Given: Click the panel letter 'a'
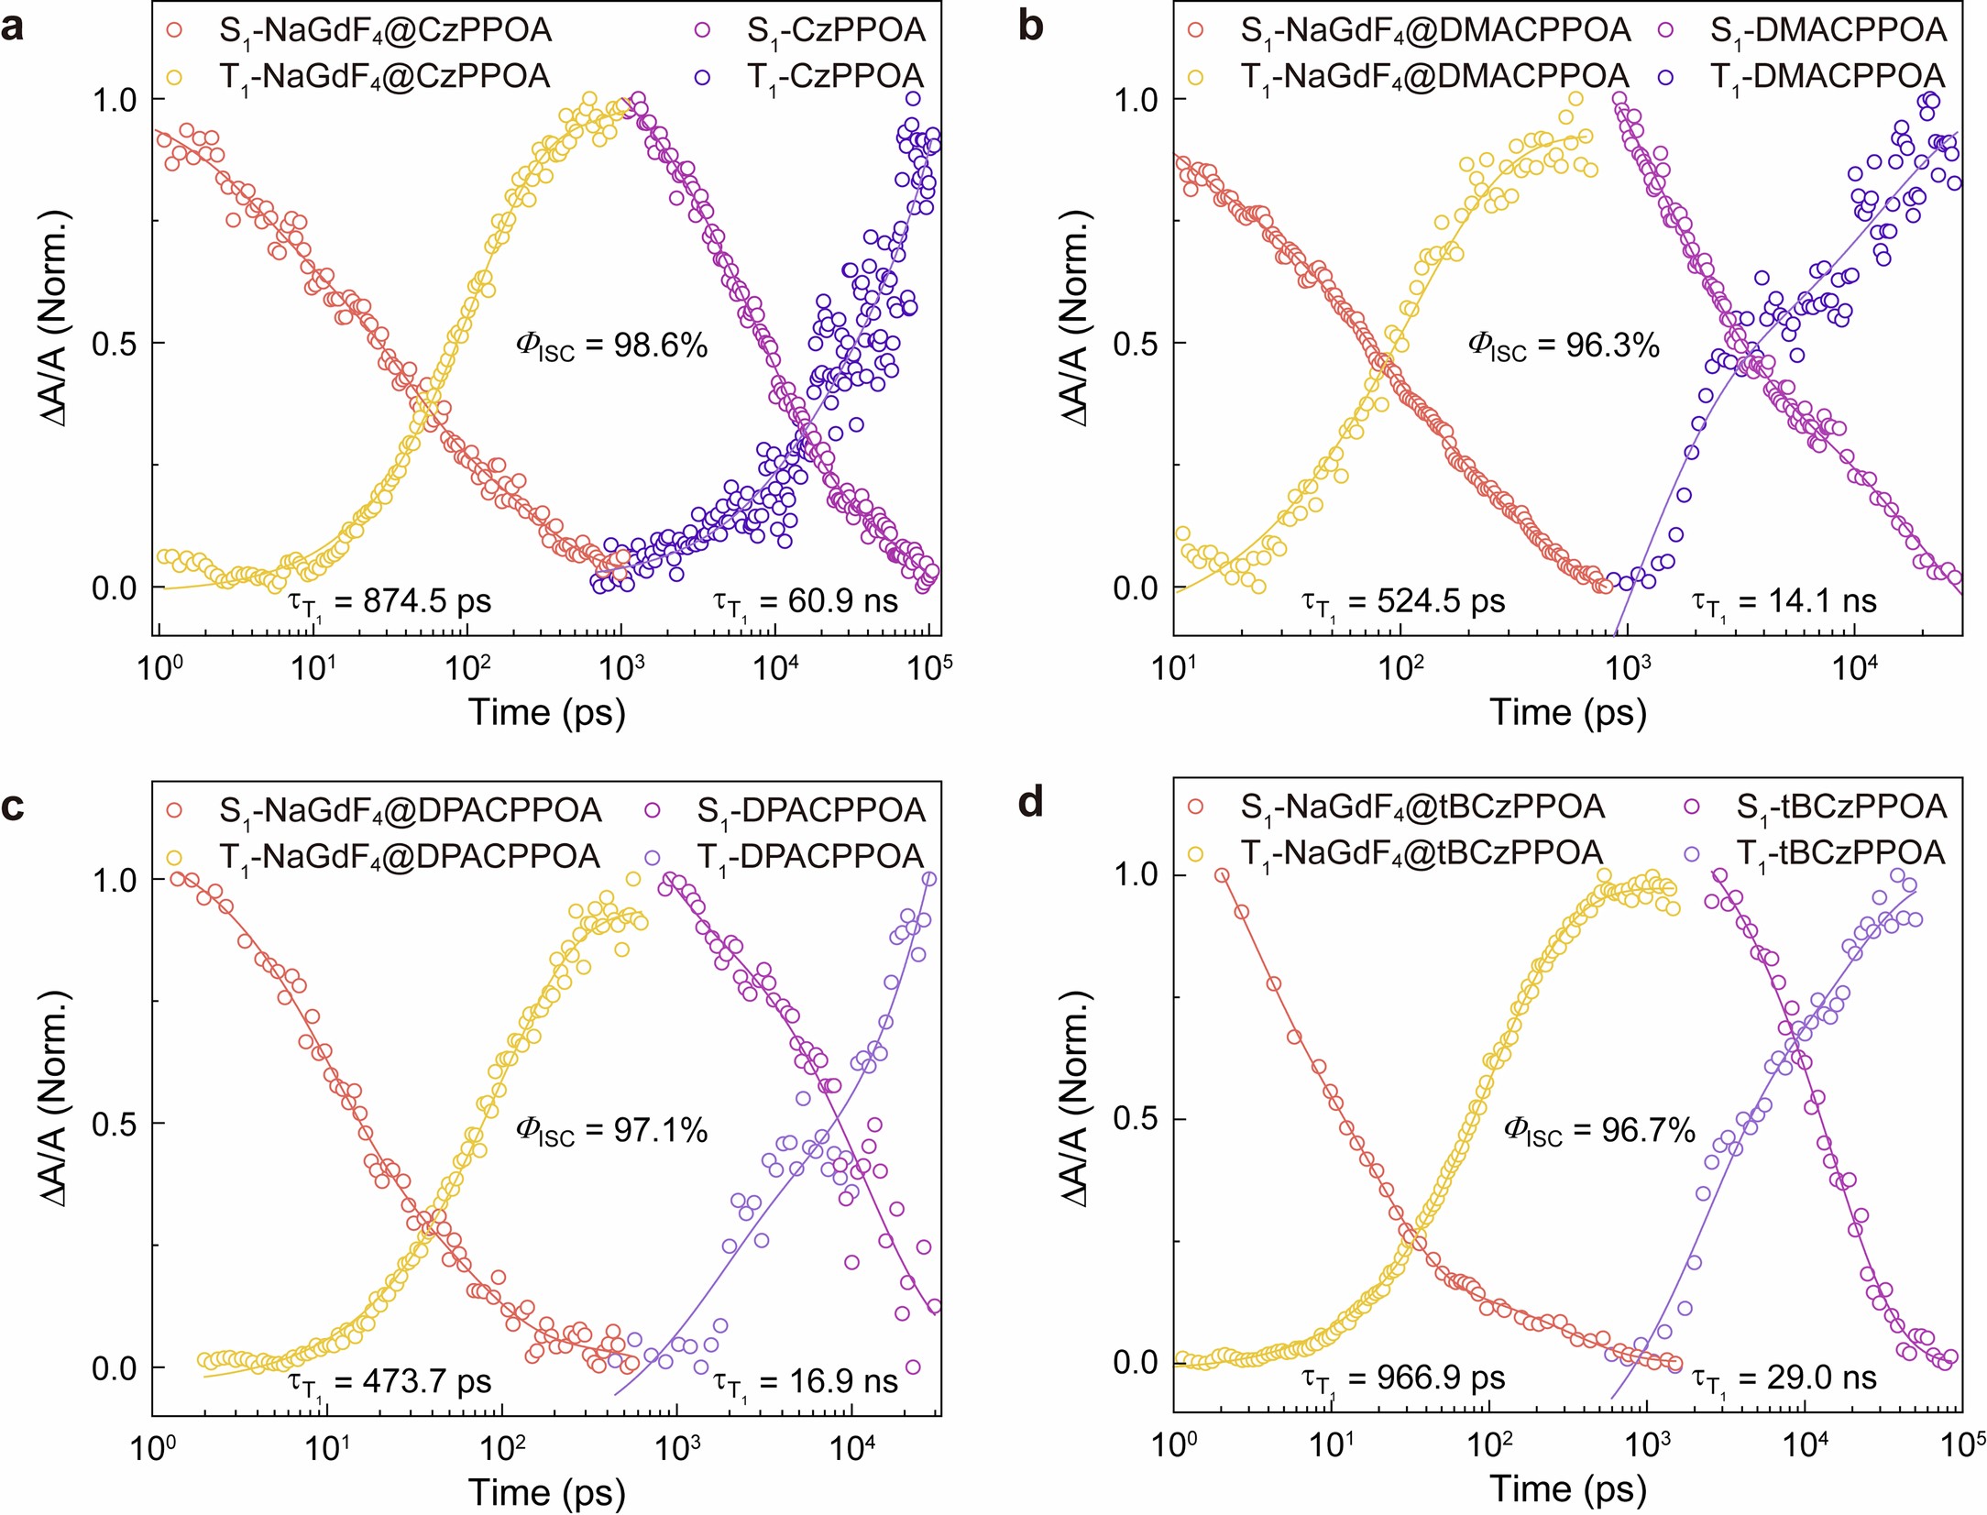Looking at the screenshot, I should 13,27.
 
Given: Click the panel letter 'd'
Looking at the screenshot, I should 1031,804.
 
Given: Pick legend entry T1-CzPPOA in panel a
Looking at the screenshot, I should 835,77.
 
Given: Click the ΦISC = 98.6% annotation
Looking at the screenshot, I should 611,346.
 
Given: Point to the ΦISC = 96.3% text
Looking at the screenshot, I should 1564,346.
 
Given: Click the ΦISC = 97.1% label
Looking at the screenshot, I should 611,1131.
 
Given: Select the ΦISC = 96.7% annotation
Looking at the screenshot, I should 1599,1131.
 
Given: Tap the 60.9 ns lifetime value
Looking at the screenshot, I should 807,602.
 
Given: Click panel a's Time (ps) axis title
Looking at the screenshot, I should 547,712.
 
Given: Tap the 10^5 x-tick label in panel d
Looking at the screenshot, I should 1961,1445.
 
